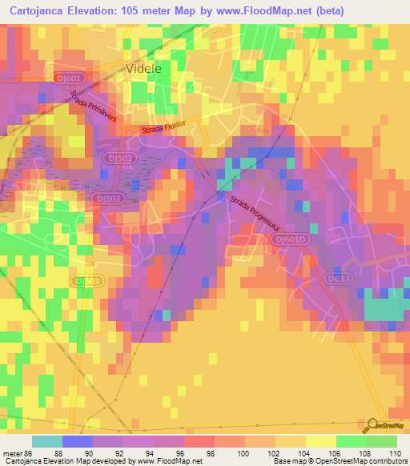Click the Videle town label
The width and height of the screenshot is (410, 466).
[x=144, y=69]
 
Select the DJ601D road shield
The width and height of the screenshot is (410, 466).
[x=287, y=239]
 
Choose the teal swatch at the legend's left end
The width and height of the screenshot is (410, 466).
[x=46, y=441]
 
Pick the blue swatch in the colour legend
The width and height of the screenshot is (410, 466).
[x=77, y=441]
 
